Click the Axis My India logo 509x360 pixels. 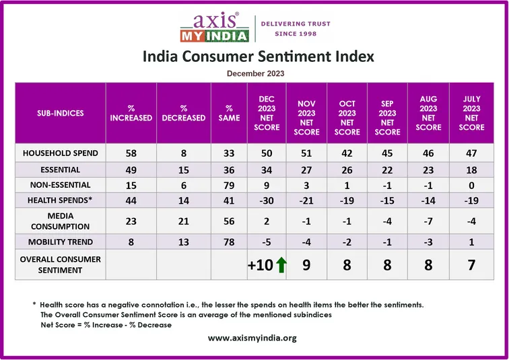pos(214,28)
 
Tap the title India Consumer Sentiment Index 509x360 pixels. pos(258,57)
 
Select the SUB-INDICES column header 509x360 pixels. pos(61,113)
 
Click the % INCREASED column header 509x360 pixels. pos(131,113)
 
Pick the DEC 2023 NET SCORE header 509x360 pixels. pos(267,113)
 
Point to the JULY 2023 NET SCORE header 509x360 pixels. pos(471,113)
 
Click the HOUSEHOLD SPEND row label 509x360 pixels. pos(61,153)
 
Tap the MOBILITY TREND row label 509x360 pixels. pos(61,242)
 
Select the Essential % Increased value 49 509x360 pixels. pos(131,170)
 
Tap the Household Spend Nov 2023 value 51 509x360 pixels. pos(306,153)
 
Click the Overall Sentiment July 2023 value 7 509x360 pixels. pos(471,265)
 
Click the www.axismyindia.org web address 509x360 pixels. pos(252,338)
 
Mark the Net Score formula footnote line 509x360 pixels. pos(106,324)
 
